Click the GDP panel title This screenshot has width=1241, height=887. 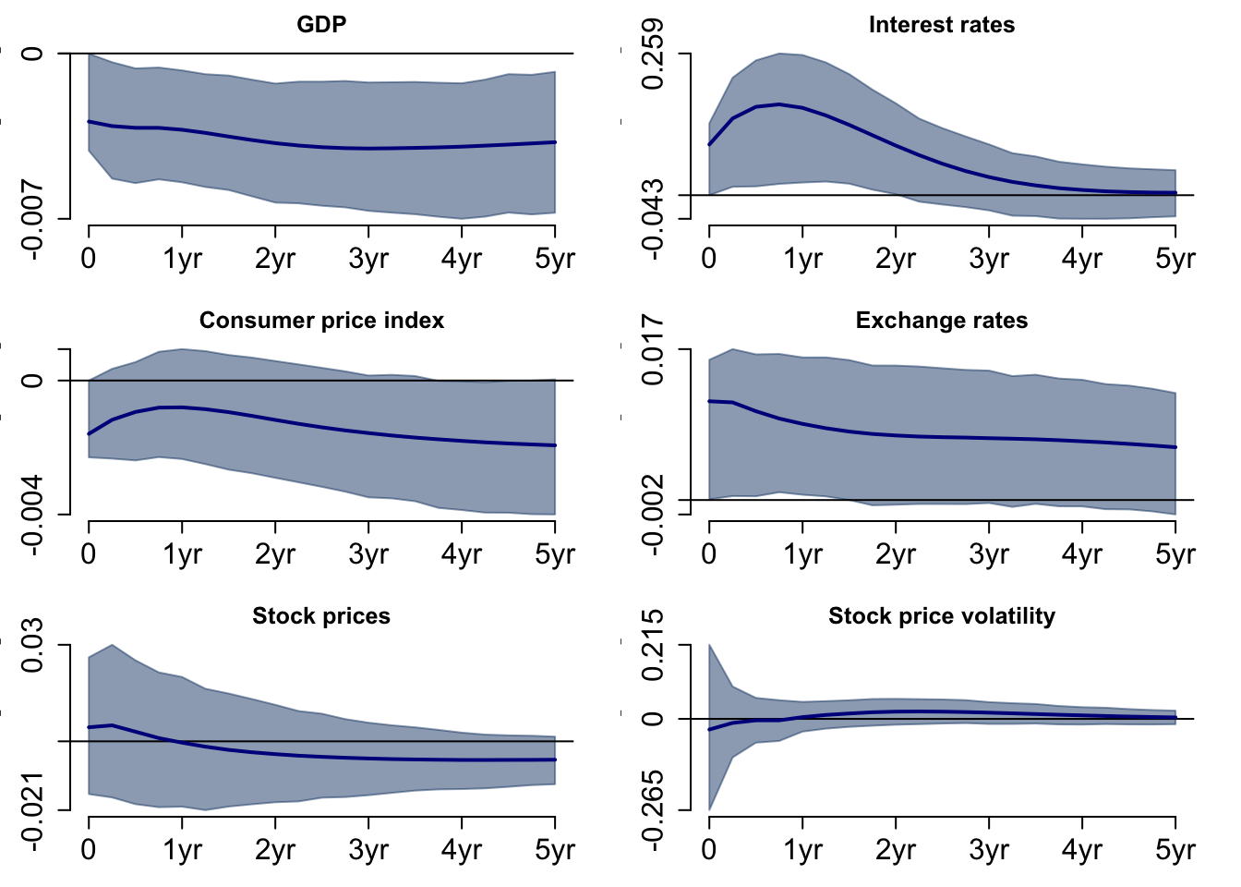321,25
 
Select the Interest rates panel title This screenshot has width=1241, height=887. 941,25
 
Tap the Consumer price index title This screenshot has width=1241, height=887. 321,321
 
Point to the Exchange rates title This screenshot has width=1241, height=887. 941,321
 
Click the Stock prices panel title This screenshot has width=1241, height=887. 321,616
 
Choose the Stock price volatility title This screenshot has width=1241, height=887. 941,616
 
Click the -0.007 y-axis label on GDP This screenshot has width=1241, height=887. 32,220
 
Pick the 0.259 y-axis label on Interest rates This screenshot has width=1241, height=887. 653,54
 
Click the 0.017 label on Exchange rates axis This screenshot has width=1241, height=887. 653,349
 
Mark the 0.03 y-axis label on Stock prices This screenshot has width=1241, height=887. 32,645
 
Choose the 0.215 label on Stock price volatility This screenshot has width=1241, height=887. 653,645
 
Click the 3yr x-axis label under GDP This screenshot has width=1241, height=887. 368,259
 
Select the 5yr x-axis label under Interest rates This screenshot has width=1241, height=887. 1175,259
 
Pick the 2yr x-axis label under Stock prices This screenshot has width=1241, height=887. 275,850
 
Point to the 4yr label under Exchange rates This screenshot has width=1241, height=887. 1081,554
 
